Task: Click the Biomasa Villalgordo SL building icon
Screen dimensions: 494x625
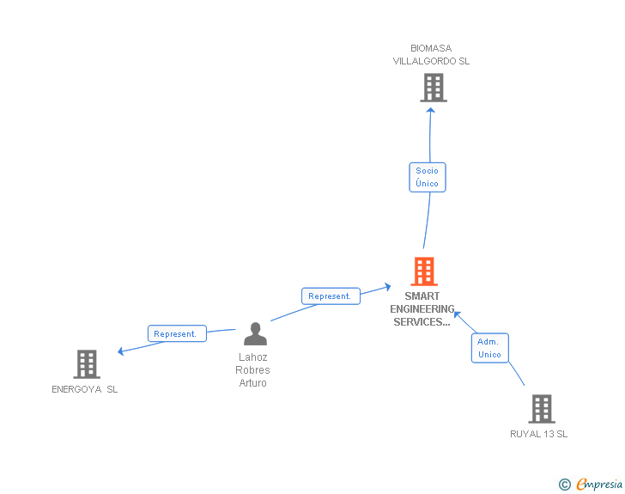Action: [433, 88]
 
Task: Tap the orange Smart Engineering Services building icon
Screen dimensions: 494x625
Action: [424, 271]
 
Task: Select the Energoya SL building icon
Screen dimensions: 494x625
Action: [86, 364]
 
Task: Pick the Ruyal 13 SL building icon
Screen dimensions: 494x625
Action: [541, 409]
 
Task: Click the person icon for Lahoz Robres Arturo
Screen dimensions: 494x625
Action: [255, 333]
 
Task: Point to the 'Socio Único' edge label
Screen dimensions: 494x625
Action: [427, 177]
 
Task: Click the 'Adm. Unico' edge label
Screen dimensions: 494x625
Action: [489, 348]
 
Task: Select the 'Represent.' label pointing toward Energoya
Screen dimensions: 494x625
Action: [176, 334]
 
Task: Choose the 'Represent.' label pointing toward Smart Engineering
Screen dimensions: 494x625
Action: [330, 296]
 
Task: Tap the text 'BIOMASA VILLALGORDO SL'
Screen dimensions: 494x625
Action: [431, 55]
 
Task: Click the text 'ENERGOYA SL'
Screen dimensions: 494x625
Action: [85, 389]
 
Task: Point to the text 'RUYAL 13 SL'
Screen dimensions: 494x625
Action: [538, 434]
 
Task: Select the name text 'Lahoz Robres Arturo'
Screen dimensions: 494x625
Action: [252, 370]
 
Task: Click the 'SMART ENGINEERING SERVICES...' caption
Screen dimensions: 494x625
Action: [422, 309]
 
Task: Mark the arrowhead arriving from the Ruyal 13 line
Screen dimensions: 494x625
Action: [457, 315]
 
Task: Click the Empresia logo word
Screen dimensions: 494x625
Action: [599, 484]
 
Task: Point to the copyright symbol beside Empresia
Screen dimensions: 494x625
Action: [564, 485]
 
